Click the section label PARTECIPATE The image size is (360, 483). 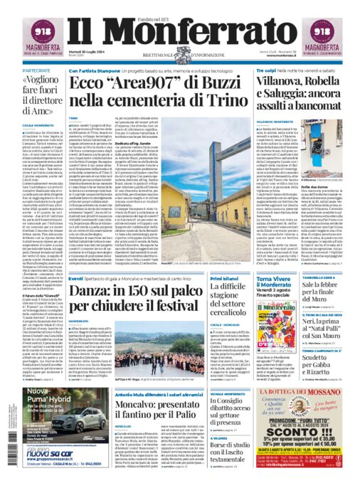[x=36, y=72]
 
